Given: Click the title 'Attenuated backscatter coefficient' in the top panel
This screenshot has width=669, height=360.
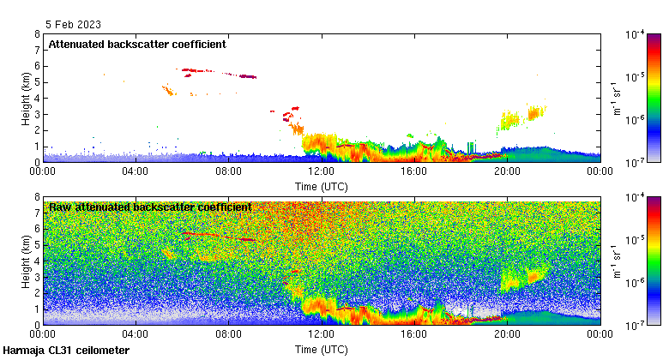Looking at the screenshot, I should (137, 44).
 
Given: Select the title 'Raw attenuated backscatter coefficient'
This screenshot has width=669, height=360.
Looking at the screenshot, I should (150, 207).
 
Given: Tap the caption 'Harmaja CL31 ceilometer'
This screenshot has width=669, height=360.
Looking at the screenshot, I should (66, 351).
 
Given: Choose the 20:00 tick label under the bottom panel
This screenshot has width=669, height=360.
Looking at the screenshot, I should (507, 334).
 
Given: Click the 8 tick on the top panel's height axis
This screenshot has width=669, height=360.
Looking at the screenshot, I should (36, 34).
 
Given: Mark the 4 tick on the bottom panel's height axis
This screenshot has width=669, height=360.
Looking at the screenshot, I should (36, 261).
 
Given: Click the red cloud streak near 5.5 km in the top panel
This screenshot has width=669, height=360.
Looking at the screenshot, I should (214, 72).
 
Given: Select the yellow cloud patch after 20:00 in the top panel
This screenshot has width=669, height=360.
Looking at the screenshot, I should (523, 117).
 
